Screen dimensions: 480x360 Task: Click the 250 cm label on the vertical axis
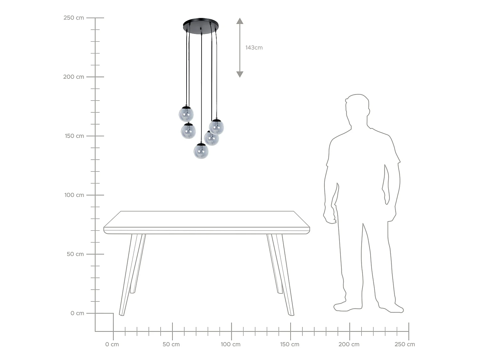pos(74,18)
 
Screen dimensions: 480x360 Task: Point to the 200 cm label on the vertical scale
pos(74,77)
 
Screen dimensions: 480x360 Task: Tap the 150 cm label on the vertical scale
pos(74,136)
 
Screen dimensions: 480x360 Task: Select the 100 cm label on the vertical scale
pos(74,195)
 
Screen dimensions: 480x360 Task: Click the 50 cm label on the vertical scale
pos(75,254)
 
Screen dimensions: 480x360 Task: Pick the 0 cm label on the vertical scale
pos(77,313)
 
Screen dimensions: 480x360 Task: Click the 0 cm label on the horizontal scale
pos(112,345)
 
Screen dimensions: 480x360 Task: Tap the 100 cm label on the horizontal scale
pos(230,345)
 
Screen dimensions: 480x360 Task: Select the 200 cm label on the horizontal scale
pos(349,345)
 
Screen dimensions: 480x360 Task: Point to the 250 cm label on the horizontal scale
pos(404,345)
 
